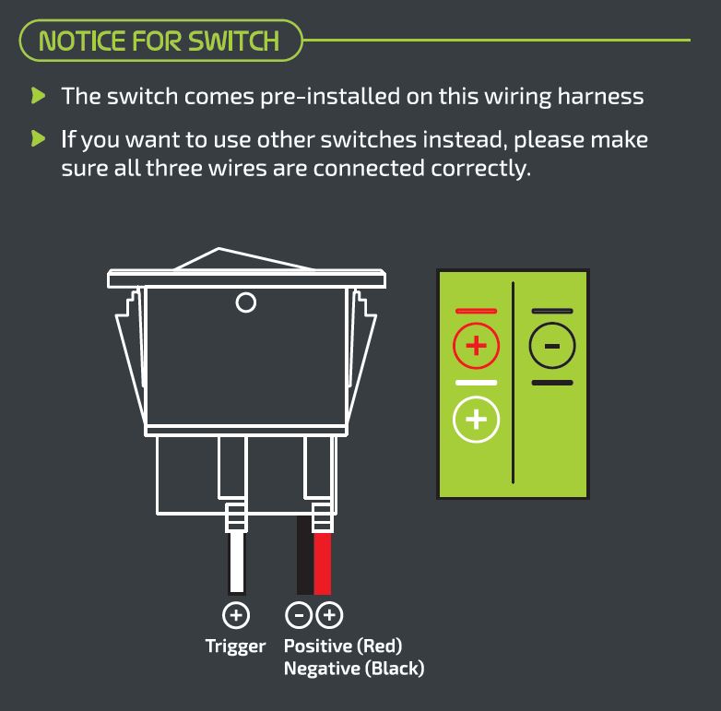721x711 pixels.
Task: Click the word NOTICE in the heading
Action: coord(81,41)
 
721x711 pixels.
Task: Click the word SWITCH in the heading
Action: coord(233,41)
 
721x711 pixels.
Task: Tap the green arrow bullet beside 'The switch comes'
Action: coord(38,96)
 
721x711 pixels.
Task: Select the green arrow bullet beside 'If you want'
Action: coord(38,138)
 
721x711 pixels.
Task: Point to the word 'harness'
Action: coord(600,96)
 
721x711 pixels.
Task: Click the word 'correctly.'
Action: coord(480,170)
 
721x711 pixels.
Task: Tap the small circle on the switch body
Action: coord(246,302)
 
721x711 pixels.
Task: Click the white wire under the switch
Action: coord(237,562)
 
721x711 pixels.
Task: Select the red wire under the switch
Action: coord(323,563)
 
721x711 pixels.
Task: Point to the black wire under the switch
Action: coord(305,554)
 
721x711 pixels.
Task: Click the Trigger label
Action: coord(235,646)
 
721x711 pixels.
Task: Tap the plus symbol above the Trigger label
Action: coord(236,615)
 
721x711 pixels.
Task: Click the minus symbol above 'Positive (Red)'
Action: coord(299,615)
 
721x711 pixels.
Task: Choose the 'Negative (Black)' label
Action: coord(354,669)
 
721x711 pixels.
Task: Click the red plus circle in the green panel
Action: coord(476,346)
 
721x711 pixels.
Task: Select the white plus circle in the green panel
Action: coord(476,419)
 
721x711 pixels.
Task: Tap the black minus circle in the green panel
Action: coord(552,346)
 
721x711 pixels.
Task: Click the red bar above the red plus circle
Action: coord(476,311)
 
